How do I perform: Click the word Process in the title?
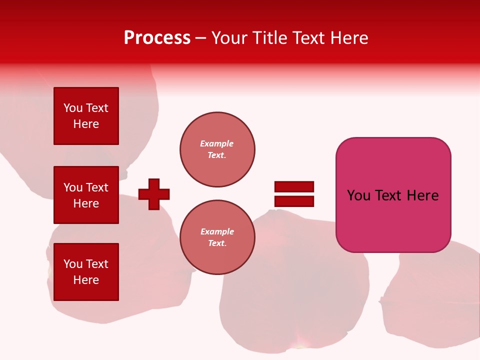click(157, 38)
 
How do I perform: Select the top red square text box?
click(86, 116)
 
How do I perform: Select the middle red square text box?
click(86, 195)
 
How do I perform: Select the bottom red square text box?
click(86, 272)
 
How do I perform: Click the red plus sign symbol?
click(154, 194)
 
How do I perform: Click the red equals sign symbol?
click(294, 194)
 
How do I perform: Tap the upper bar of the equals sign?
click(294, 186)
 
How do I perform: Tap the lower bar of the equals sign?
click(294, 201)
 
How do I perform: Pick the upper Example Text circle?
click(217, 149)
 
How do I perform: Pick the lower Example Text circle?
click(217, 237)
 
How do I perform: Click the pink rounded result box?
click(393, 195)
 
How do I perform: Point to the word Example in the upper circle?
click(217, 144)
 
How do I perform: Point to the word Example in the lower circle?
click(217, 232)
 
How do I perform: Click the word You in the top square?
click(73, 108)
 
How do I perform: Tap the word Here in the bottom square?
click(86, 280)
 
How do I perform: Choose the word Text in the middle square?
click(97, 187)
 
